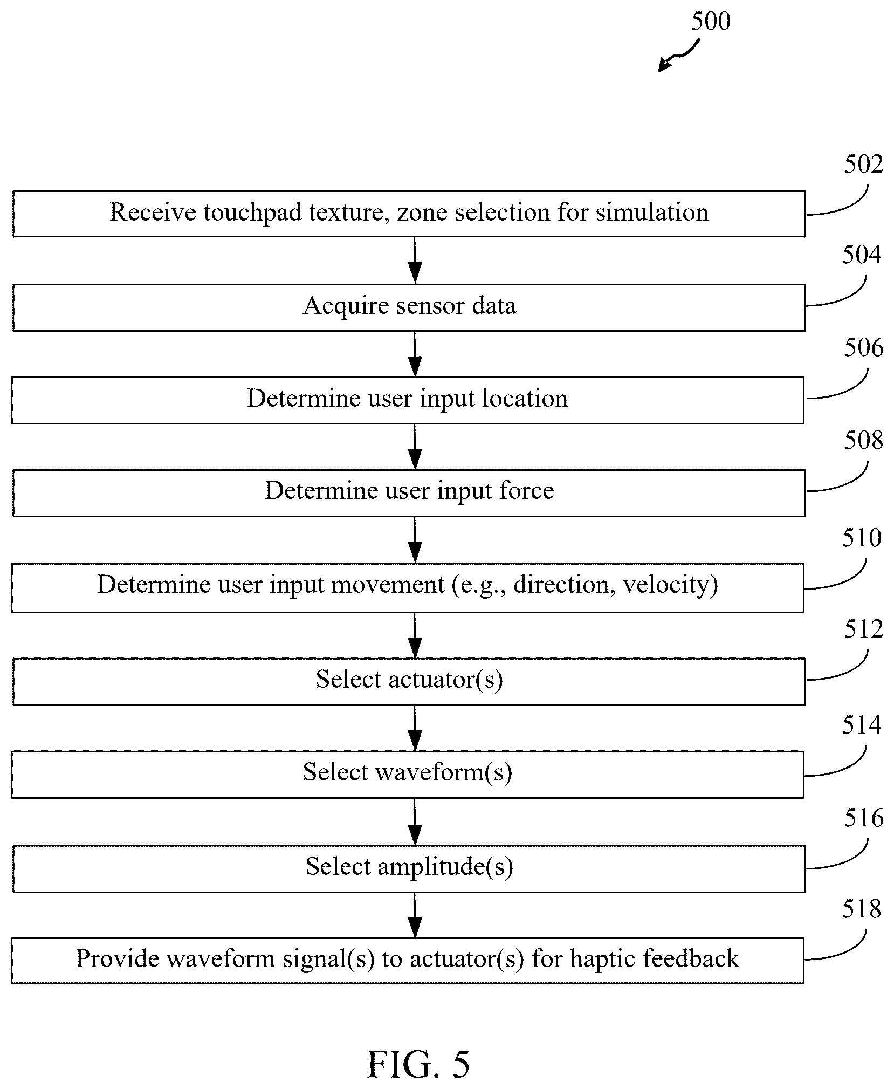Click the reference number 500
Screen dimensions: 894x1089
[x=711, y=21]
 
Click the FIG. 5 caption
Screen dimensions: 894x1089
[x=418, y=1065]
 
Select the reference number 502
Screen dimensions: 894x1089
[x=863, y=164]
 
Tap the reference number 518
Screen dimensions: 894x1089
[x=862, y=909]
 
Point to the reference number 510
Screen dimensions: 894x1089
[x=862, y=538]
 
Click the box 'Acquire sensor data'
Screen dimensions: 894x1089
[x=409, y=307]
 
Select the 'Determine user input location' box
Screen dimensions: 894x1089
[x=408, y=400]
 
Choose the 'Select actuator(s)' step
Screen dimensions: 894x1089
[x=409, y=681]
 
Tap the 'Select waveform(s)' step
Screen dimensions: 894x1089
[x=408, y=774]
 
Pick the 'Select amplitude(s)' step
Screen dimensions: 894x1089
[x=409, y=868]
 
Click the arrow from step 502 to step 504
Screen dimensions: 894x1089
[x=415, y=260]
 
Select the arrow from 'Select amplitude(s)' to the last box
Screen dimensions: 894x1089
[x=415, y=915]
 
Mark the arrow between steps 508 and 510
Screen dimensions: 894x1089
[x=415, y=540]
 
